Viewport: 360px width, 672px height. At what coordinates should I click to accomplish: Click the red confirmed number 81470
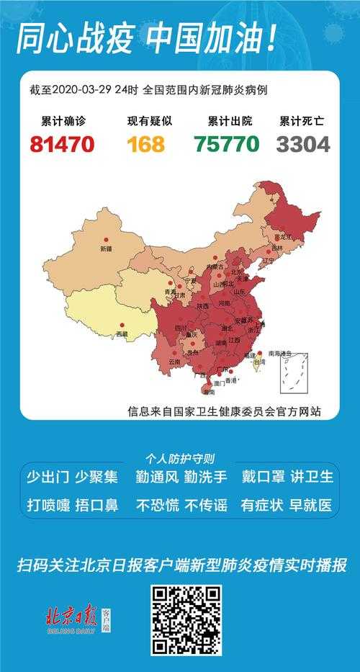pos(62,144)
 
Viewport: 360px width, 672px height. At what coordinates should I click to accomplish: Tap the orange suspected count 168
pos(146,144)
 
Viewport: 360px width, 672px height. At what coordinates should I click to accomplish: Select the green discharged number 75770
pos(226,144)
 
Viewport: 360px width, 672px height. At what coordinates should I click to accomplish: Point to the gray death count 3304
pos(303,144)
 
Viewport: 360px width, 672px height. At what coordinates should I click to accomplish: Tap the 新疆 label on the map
pos(107,248)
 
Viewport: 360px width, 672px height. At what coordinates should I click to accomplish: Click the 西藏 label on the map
pos(123,334)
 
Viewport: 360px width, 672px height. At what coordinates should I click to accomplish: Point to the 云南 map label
pos(174,362)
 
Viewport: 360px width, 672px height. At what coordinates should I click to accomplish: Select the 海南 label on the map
pos(209,393)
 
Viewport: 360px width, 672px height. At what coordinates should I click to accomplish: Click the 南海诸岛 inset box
pos(294,372)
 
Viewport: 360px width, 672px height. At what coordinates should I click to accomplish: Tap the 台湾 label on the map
pos(258,363)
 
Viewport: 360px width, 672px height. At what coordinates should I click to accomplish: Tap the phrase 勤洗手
pos(205,477)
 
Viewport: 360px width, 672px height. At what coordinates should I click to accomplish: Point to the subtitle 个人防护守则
pos(179,458)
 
